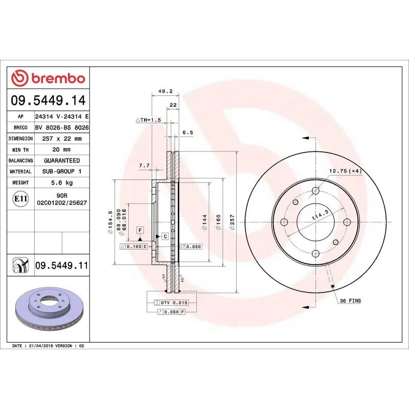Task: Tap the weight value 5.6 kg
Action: [x=62, y=183]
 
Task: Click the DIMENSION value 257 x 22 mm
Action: [x=62, y=139]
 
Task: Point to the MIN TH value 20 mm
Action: [x=62, y=150]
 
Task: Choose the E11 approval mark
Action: [x=20, y=198]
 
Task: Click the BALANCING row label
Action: [x=21, y=161]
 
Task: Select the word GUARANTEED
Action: [x=62, y=161]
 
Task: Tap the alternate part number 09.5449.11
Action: [x=61, y=265]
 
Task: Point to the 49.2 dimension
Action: [x=165, y=91]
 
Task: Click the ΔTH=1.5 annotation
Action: [x=148, y=120]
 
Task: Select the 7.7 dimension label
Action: [x=144, y=166]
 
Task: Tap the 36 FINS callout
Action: [x=350, y=301]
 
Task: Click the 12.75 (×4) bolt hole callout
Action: [x=345, y=171]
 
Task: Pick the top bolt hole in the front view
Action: [x=315, y=191]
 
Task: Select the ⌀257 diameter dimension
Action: [x=232, y=222]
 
